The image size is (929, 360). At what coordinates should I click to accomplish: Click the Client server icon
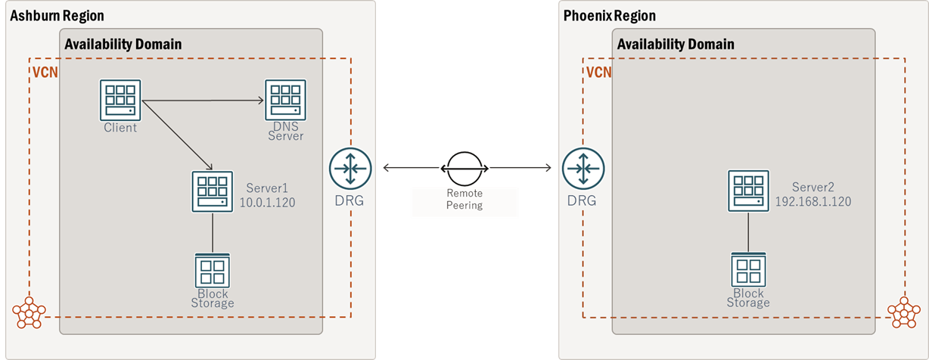click(120, 100)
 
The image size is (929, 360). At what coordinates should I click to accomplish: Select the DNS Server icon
click(285, 100)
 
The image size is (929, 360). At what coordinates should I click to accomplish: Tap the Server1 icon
click(212, 191)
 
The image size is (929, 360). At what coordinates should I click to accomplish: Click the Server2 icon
click(748, 191)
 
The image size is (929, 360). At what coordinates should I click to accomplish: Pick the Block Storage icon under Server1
click(212, 270)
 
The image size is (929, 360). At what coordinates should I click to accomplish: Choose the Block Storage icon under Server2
click(748, 270)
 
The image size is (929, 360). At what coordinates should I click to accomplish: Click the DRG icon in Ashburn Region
click(350, 169)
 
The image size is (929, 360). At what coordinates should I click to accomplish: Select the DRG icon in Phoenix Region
click(583, 169)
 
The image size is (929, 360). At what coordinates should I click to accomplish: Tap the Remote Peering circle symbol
click(464, 167)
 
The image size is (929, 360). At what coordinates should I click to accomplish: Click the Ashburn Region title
click(57, 16)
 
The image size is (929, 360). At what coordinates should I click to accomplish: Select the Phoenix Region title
click(609, 16)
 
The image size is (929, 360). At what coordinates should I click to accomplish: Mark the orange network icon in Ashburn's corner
click(30, 312)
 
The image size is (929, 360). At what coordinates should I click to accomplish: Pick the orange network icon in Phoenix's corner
click(903, 312)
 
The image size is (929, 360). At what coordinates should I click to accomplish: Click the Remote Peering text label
click(464, 199)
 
